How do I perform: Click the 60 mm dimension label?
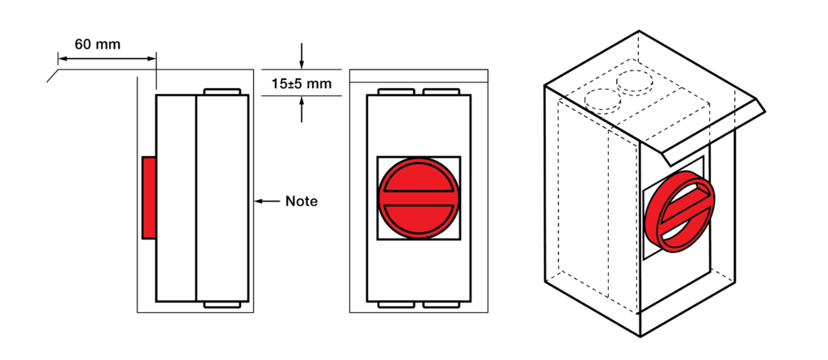97,44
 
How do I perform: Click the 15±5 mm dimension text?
302,83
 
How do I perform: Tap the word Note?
302,201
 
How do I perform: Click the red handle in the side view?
149,197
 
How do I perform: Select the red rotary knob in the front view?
418,197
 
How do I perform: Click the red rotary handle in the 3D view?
679,212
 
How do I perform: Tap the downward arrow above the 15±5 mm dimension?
302,56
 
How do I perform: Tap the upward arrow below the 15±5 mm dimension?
302,109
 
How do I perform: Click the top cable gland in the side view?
222,91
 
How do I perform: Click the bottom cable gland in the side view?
222,304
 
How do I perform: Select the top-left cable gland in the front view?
396,91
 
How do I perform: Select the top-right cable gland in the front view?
441,91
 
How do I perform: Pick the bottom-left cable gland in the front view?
396,304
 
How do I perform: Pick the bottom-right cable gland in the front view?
441,304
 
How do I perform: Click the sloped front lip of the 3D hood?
713,132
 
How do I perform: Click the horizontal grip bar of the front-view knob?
418,197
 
